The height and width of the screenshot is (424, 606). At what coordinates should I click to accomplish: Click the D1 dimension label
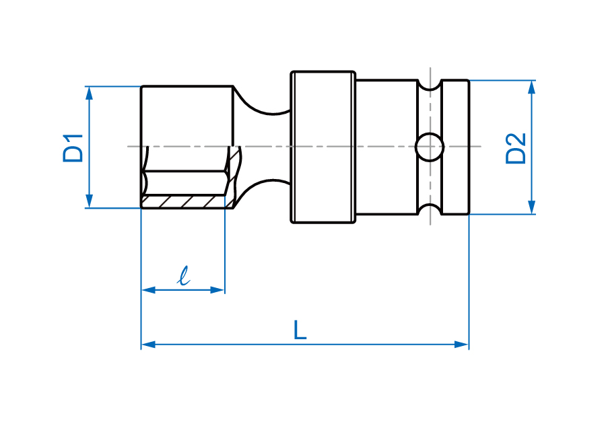click(x=73, y=147)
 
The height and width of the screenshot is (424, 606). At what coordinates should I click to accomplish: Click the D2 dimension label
click(x=516, y=148)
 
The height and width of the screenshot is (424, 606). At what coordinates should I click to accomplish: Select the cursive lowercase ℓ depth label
click(x=182, y=275)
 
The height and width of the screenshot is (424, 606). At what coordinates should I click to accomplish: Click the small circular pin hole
click(x=429, y=147)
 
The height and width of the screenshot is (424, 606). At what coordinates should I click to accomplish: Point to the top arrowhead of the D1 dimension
click(x=89, y=92)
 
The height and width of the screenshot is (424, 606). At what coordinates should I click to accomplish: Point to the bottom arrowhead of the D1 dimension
click(x=89, y=203)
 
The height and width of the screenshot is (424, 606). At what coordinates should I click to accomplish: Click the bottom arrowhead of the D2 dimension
click(x=531, y=209)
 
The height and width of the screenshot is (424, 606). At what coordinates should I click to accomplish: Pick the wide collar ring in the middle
click(x=323, y=147)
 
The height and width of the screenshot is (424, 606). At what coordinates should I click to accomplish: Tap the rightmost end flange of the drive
click(x=456, y=147)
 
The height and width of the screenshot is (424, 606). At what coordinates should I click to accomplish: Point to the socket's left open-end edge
click(x=141, y=147)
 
